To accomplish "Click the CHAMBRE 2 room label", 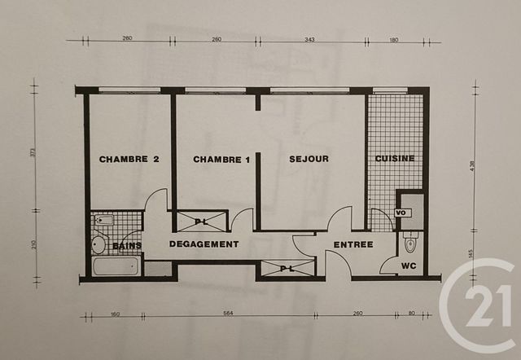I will pos(129,160).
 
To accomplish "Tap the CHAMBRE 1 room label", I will pos(221,160).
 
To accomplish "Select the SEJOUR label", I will pos(309,159).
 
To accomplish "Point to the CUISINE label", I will pos(395,159).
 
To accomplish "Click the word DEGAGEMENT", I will pos(204,244).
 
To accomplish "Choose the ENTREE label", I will pos(353,244).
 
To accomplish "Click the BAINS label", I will pos(127,245).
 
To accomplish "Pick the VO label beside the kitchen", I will pos(400,213).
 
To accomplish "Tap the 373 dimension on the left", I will pos(33,156).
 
